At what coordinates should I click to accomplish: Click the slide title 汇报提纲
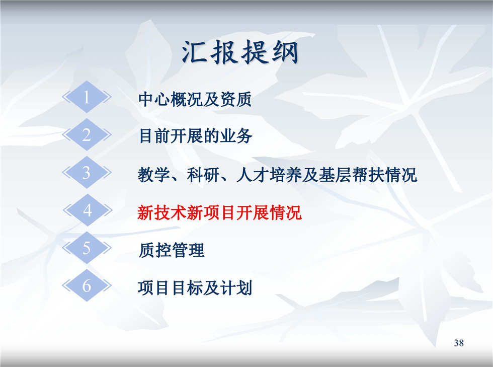coord(240,52)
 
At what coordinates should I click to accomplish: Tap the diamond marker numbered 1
coord(87,97)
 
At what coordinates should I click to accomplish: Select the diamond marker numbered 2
coord(87,135)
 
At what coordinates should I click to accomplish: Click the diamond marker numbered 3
coord(87,173)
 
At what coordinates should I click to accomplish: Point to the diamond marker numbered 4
coord(88,210)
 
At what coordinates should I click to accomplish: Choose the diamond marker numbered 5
coord(87,248)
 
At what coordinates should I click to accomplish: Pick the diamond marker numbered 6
coord(87,285)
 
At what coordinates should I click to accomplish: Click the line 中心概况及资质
coord(195,99)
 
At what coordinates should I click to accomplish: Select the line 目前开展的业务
coord(195,136)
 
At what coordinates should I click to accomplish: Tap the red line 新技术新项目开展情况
coord(219,212)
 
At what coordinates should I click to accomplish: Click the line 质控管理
coord(172,250)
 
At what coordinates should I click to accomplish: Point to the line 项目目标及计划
coord(195,287)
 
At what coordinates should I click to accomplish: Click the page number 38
coord(459,343)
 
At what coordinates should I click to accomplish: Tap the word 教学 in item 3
coord(154,175)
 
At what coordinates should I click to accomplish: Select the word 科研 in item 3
coord(203,175)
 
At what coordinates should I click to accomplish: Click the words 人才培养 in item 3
coord(269,175)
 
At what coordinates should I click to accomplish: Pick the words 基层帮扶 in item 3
coord(351,175)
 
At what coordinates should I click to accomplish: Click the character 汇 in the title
coord(195,52)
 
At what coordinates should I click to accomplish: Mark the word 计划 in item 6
coord(236,287)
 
